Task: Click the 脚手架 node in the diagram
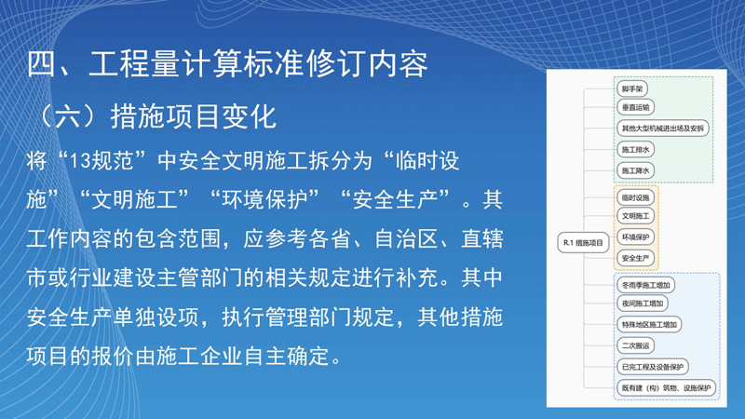[x=632, y=88]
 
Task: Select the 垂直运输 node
[x=635, y=107]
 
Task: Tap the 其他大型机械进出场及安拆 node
[x=663, y=128]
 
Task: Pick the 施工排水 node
[x=635, y=150]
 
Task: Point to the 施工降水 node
[x=635, y=170]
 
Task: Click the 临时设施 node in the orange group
[x=635, y=197]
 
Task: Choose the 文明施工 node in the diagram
[x=635, y=216]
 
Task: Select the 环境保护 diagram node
[x=635, y=237]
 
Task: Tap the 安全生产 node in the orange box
[x=635, y=259]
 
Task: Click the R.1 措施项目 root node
[x=583, y=243]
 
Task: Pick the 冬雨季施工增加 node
[x=645, y=285]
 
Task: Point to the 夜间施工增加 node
[x=643, y=304]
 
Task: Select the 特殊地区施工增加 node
[x=649, y=324]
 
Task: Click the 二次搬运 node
[x=635, y=345]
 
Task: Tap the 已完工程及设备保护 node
[x=653, y=367]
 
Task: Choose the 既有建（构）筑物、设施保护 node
[x=666, y=388]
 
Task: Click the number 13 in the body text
[x=79, y=160]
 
